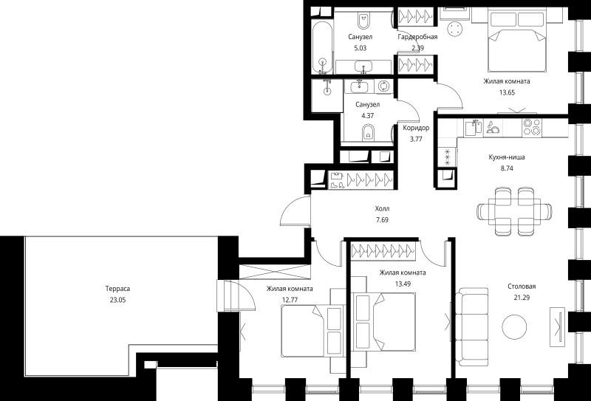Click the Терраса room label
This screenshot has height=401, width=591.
point(117,289)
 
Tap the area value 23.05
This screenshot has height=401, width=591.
point(117,300)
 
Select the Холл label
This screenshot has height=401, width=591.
point(382,208)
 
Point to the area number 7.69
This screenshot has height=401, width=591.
point(382,220)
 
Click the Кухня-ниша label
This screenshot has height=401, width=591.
point(507,157)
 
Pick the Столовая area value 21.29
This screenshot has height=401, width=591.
point(522,298)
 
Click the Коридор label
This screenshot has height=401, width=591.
point(416,128)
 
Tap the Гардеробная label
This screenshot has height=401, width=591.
point(417,37)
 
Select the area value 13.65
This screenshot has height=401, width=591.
point(507,92)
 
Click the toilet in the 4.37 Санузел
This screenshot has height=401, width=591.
point(368,133)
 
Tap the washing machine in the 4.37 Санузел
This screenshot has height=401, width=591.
point(383,86)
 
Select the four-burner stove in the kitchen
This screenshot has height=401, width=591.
point(532,126)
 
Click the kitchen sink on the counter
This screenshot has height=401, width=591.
point(474,127)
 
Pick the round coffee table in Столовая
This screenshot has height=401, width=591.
point(514,327)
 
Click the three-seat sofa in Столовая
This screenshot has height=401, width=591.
point(471,327)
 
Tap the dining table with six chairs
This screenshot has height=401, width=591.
point(514,211)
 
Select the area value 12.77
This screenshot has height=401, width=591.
point(290,300)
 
